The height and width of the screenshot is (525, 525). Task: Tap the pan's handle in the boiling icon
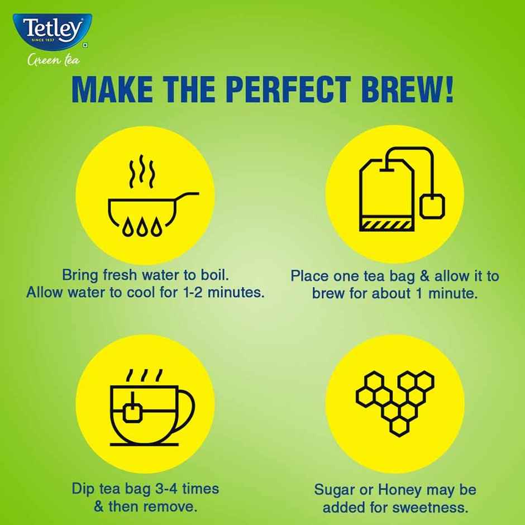pyautogui.click(x=187, y=195)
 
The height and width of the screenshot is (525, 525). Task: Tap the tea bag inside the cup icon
pyautogui.click(x=133, y=412)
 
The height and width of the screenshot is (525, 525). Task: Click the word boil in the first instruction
pyautogui.click(x=214, y=275)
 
